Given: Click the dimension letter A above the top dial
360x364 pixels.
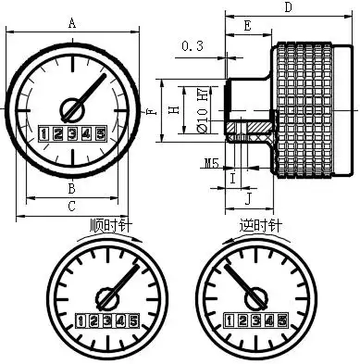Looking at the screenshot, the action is (72, 23).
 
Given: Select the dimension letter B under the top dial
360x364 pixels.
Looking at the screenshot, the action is (71, 188).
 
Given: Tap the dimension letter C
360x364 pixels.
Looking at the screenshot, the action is (71, 206).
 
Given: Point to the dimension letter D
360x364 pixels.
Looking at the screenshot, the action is (288, 6).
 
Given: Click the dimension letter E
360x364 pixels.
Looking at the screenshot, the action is (247, 26).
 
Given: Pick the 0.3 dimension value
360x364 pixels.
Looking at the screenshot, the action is (192, 46).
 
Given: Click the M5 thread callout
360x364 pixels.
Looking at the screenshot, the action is (212, 163).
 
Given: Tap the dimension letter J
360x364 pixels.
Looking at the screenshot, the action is (248, 200).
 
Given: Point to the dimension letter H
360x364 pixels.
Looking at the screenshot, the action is (175, 109).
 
